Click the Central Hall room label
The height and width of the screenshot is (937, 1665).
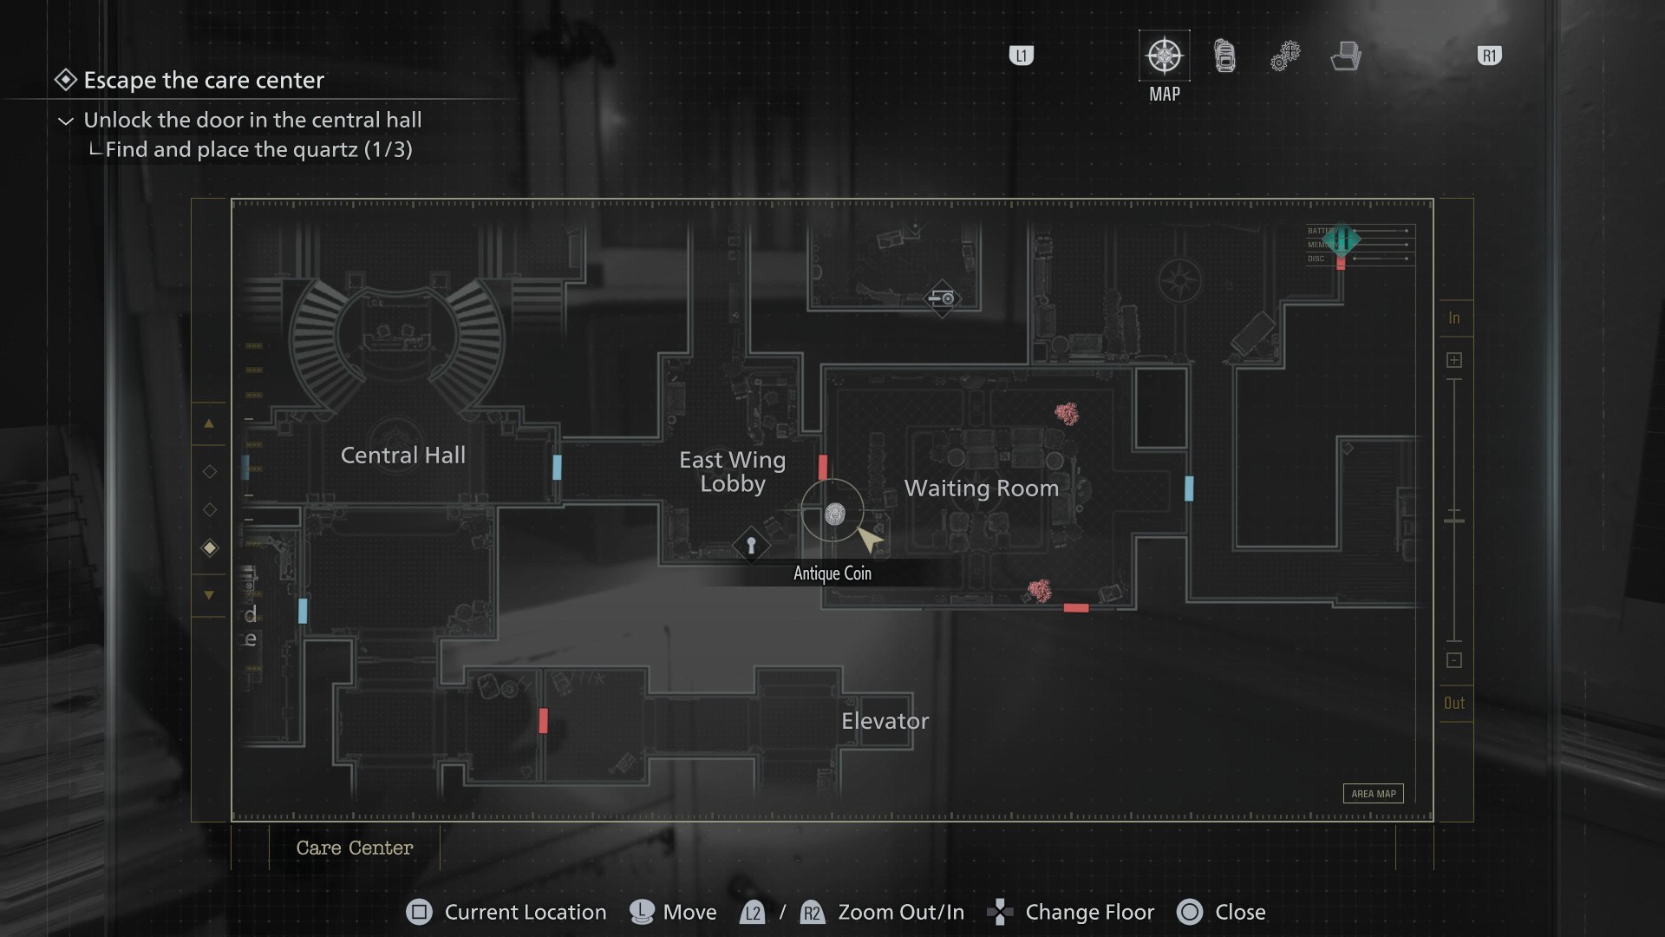[402, 455]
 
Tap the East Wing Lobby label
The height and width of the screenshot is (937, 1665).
[732, 471]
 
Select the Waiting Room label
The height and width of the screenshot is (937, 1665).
[981, 488]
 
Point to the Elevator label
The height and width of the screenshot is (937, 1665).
[885, 721]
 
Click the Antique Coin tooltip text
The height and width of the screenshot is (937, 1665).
[832, 573]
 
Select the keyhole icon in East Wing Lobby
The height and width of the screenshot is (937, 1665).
[751, 546]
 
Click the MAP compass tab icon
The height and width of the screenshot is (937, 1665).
[1164, 56]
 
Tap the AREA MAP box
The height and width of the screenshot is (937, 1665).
[1373, 794]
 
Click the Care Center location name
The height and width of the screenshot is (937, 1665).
[354, 848]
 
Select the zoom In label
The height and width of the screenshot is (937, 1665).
[1454, 318]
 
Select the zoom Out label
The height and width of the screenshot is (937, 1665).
[1454, 704]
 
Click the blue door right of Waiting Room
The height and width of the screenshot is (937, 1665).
[1189, 488]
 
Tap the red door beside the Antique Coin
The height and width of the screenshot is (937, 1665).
[823, 467]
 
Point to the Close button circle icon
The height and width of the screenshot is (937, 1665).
[1190, 912]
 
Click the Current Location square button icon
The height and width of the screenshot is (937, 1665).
[419, 912]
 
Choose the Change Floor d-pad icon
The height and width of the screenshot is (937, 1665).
[1001, 912]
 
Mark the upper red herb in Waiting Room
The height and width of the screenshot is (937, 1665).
[1067, 414]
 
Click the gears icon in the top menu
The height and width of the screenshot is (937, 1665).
[1284, 56]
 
